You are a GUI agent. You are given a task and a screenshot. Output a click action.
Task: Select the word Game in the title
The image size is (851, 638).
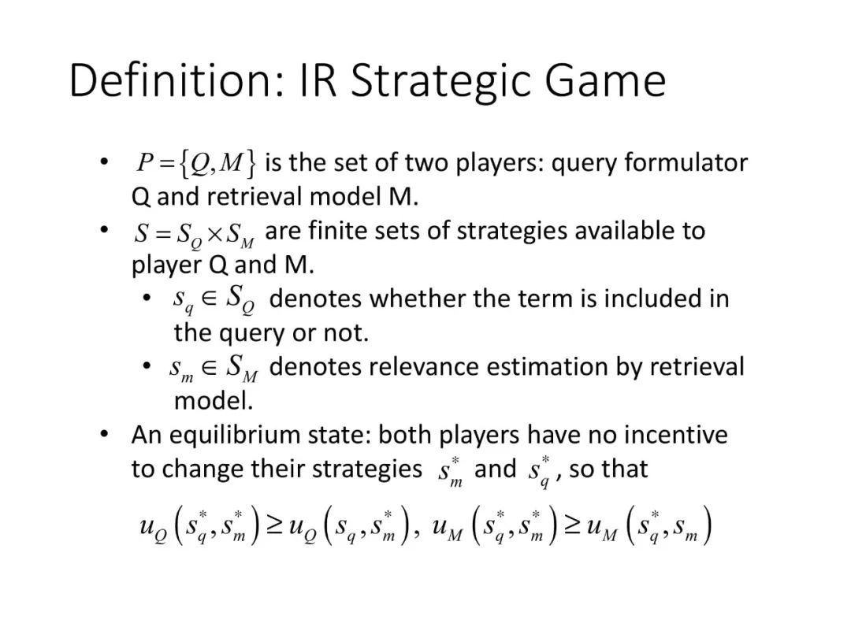[x=604, y=81]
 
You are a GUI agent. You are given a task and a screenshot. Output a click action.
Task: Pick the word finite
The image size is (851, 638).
[x=336, y=231]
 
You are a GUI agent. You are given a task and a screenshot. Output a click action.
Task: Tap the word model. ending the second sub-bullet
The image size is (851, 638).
[x=214, y=401]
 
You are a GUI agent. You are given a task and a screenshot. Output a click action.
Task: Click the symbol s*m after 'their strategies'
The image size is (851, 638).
[x=450, y=472]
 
